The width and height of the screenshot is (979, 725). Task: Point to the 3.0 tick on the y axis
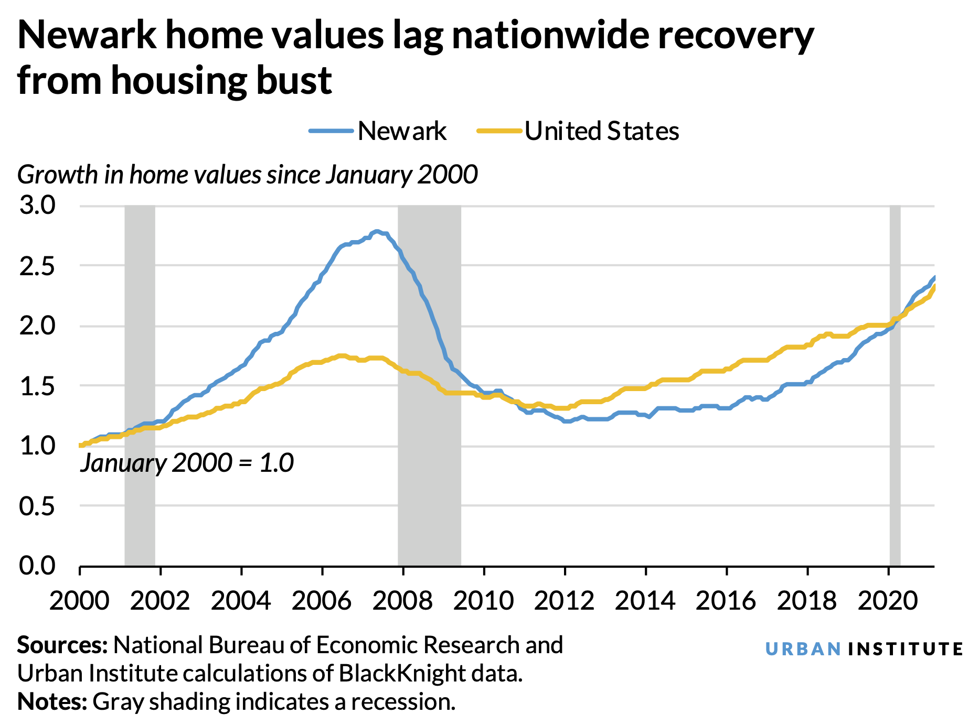pyautogui.click(x=37, y=205)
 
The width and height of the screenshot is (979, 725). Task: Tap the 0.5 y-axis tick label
pyautogui.click(x=37, y=506)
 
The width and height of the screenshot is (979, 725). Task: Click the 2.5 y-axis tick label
pyautogui.click(x=37, y=266)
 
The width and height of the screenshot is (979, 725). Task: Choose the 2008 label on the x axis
pyautogui.click(x=402, y=600)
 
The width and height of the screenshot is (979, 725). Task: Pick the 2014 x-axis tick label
pyautogui.click(x=645, y=600)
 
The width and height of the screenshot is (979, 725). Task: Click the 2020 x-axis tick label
pyautogui.click(x=888, y=600)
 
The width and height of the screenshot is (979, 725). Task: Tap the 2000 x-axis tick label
pyautogui.click(x=79, y=600)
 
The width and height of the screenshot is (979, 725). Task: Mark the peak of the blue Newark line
pyautogui.click(x=377, y=231)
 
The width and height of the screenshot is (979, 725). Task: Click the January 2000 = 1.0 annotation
pyautogui.click(x=187, y=463)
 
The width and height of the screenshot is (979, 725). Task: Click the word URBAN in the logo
pyautogui.click(x=803, y=649)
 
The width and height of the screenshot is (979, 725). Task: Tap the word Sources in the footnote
pyautogui.click(x=62, y=645)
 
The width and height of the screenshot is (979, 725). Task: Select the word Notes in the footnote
pyautogui.click(x=52, y=701)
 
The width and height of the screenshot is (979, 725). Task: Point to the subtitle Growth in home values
pyautogui.click(x=247, y=175)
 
